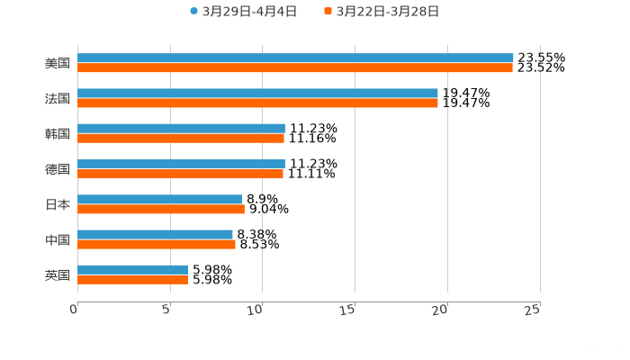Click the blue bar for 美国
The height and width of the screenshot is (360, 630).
pos(295,58)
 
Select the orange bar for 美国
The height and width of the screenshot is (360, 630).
pos(295,67)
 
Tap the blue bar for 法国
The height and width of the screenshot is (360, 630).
pos(257,93)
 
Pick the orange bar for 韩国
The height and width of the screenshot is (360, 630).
pos(181,138)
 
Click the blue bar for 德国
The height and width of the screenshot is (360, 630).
pos(181,164)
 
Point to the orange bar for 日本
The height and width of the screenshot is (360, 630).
pos(161,209)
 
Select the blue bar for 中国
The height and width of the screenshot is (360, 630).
pos(155,234)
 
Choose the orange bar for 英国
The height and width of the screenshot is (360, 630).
pos(132,279)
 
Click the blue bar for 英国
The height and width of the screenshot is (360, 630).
pos(132,269)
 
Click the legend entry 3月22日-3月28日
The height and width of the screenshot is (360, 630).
pos(387,12)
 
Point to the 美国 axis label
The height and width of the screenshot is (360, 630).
pos(58,63)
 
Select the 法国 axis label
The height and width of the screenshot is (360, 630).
pos(58,98)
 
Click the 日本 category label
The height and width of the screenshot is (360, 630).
pos(58,204)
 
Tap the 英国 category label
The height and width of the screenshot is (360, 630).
pos(58,274)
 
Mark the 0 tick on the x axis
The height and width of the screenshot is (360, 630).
pos(75,310)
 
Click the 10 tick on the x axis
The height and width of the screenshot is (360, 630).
pos(257,310)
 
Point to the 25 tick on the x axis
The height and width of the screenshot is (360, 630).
pos(533,310)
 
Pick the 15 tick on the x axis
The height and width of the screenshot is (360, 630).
pos(350,310)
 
